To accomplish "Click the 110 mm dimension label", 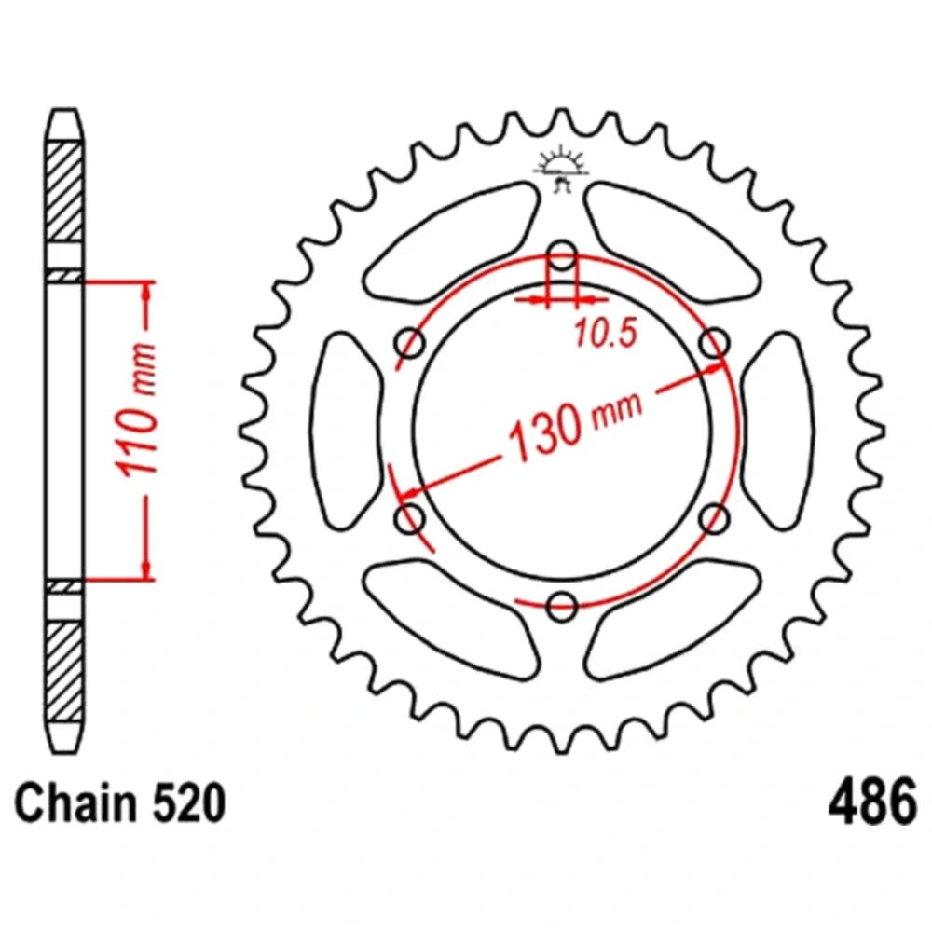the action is [139, 410].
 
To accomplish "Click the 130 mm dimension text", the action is [574, 423].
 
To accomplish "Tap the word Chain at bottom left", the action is [75, 802].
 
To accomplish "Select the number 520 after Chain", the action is [189, 802].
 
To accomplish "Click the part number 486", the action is [872, 802].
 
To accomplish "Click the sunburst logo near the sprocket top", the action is [562, 169].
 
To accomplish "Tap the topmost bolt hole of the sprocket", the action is [562, 255].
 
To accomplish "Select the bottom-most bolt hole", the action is [562, 607].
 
